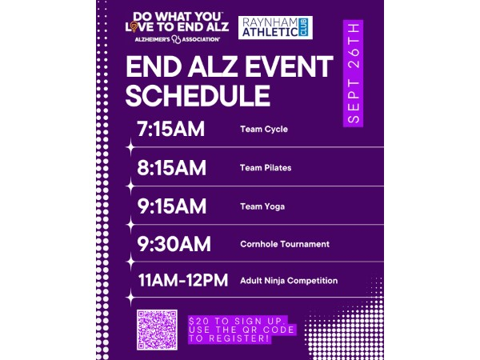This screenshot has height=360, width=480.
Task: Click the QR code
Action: click(x=157, y=330)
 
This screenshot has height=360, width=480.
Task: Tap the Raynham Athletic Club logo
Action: click(x=275, y=27)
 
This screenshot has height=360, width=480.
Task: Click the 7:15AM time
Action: click(x=171, y=129)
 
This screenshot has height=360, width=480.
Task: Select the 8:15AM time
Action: click(x=171, y=167)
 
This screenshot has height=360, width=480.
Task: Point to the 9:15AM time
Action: click(x=172, y=206)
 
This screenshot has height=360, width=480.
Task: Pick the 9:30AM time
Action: click(x=174, y=244)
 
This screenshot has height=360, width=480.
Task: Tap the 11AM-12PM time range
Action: click(x=183, y=280)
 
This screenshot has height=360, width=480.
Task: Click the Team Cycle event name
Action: click(x=264, y=129)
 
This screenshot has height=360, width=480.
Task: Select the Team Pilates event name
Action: click(x=266, y=168)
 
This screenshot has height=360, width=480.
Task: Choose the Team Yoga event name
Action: click(x=262, y=206)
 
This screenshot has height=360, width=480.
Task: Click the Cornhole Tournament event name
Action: click(x=285, y=244)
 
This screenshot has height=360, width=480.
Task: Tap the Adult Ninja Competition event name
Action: click(x=289, y=281)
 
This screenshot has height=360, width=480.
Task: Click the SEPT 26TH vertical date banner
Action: click(x=354, y=74)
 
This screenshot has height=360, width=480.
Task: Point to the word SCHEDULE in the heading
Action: click(x=198, y=95)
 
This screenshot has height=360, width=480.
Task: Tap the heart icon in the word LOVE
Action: click(x=134, y=27)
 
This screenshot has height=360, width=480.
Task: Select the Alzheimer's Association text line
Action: click(x=178, y=39)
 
